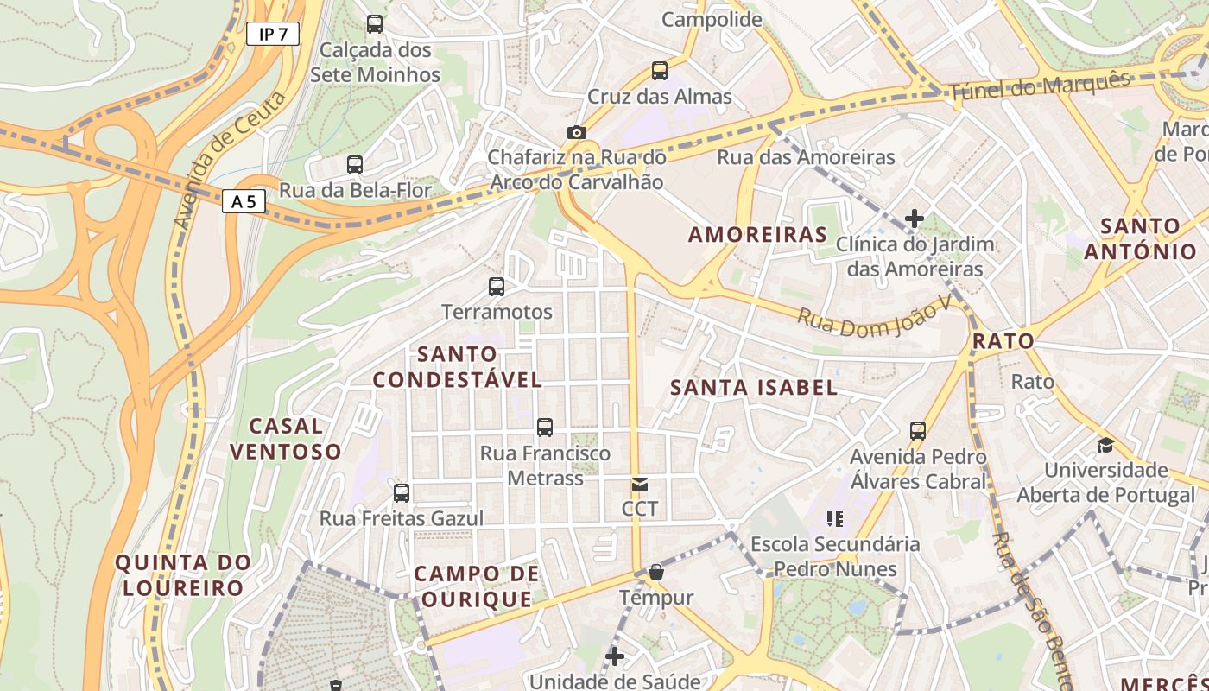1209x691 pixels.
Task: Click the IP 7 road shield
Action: coord(272,35)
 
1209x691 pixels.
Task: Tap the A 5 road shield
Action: coord(244,202)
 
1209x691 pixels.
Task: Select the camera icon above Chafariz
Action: coord(576,132)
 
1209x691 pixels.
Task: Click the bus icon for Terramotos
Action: coord(497,287)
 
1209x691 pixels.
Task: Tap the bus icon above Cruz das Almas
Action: coord(660,71)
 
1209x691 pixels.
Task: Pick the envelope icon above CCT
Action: coord(639,485)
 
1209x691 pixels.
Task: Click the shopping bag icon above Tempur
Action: coord(656,572)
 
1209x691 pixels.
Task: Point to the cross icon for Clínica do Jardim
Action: coord(915,219)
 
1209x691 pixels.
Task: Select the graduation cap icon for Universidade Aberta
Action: coord(1105,446)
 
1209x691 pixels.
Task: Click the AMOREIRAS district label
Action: coord(757,234)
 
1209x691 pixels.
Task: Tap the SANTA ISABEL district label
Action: coord(754,388)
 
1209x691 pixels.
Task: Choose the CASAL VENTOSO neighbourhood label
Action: coord(286,438)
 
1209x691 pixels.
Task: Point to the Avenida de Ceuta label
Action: coord(229,161)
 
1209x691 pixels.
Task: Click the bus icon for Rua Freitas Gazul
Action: coord(402,493)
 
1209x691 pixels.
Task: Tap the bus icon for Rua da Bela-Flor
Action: coord(355,165)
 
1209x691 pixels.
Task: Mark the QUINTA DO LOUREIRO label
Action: coord(183,575)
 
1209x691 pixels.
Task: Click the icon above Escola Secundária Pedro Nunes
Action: coord(834,519)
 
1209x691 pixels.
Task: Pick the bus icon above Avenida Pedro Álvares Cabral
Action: coord(918,430)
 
